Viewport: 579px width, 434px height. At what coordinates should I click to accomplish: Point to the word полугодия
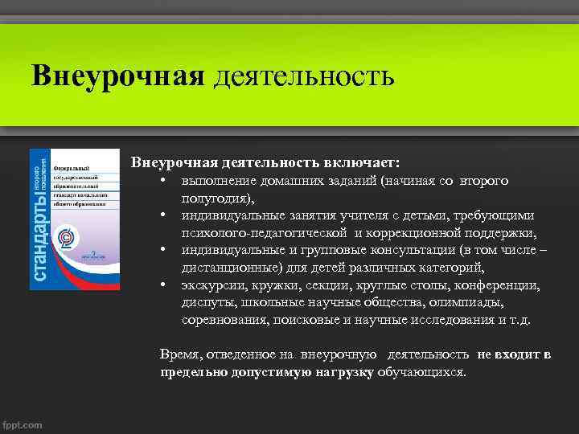pyautogui.click(x=216, y=199)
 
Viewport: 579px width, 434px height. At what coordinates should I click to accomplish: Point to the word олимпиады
pyautogui.click(x=468, y=302)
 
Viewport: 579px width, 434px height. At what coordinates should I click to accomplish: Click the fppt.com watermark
pyautogui.click(x=23, y=425)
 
